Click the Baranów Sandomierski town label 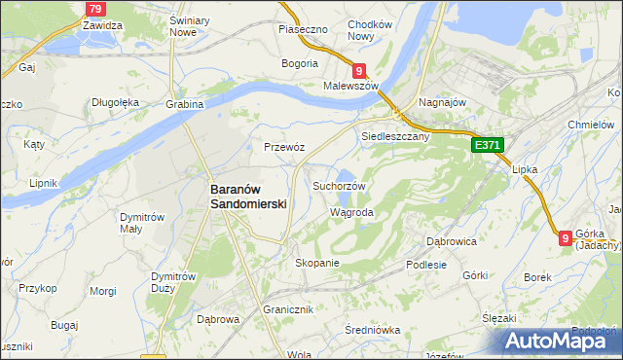pos(249,198)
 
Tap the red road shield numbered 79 pos(94,9)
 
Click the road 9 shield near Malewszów pos(359,70)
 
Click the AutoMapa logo pos(559,341)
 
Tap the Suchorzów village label pos(339,186)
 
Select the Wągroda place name pos(352,211)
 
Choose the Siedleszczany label pos(395,137)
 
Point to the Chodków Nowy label pos(369,29)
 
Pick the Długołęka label pos(116,101)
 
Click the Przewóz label pos(285,147)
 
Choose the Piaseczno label pos(301,29)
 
